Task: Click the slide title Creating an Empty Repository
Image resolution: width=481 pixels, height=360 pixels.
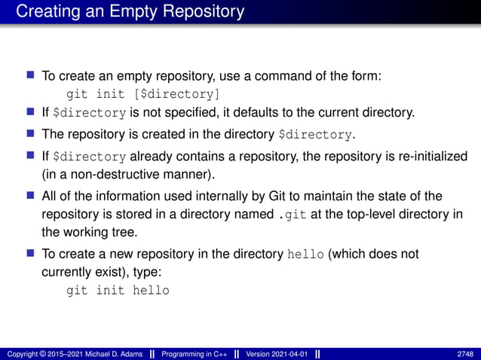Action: (130, 12)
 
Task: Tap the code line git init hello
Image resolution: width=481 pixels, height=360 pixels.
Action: (118, 290)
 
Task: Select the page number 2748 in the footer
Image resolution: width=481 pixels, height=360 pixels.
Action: (465, 353)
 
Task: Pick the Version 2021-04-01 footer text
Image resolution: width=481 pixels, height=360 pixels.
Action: (277, 353)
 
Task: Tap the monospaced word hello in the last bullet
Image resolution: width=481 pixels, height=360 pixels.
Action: (307, 255)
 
